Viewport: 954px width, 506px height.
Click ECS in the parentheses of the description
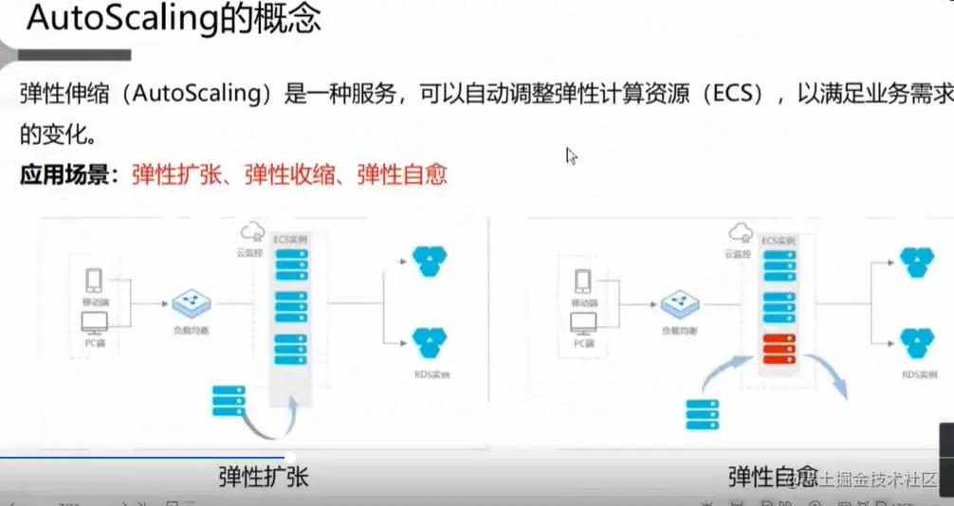click(734, 95)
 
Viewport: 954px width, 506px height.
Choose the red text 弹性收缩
click(290, 174)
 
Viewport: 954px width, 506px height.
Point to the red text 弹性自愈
click(402, 174)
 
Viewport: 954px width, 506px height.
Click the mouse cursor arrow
click(571, 155)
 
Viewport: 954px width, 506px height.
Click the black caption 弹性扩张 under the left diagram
click(263, 476)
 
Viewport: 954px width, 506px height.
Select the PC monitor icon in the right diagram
click(583, 323)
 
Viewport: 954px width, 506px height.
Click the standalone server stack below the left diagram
click(229, 400)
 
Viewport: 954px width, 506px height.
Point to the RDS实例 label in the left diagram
click(431, 374)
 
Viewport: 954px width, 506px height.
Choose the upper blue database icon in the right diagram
click(916, 261)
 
